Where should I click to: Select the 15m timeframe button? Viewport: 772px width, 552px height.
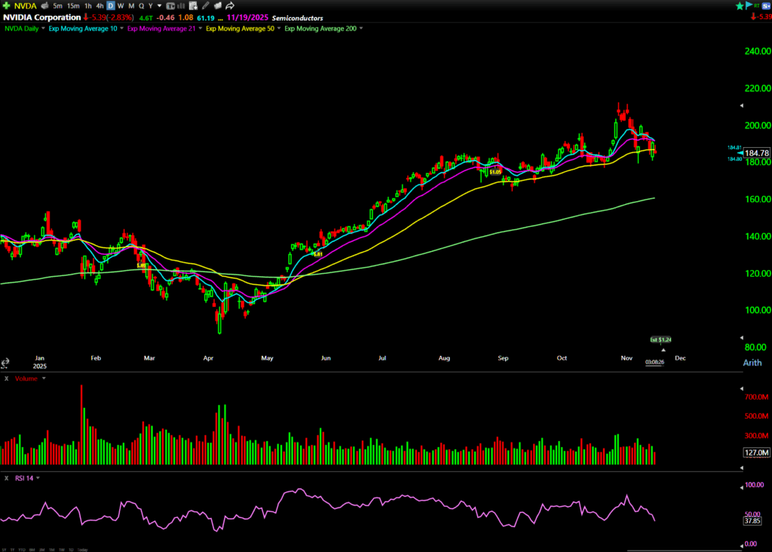pyautogui.click(x=73, y=6)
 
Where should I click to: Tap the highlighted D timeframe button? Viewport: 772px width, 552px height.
pyautogui.click(x=110, y=6)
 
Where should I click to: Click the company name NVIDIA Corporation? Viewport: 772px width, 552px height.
pyautogui.click(x=41, y=17)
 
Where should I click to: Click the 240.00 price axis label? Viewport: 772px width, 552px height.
pyautogui.click(x=755, y=52)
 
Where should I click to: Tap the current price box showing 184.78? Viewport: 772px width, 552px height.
pyautogui.click(x=756, y=153)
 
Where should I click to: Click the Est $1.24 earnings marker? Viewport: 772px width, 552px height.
pyautogui.click(x=660, y=340)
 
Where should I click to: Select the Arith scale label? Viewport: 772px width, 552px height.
pyautogui.click(x=752, y=363)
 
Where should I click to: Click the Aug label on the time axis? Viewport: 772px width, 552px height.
pyautogui.click(x=444, y=359)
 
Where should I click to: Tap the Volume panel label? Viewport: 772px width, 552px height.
pyautogui.click(x=26, y=379)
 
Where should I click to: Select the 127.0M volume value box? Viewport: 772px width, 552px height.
pyautogui.click(x=755, y=452)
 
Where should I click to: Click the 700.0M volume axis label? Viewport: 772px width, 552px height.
pyautogui.click(x=755, y=397)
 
